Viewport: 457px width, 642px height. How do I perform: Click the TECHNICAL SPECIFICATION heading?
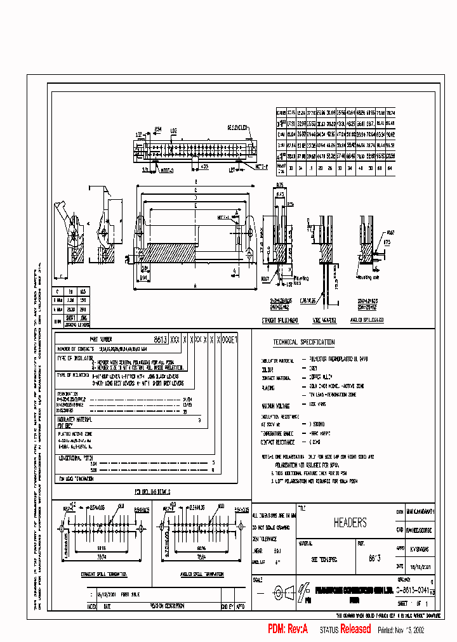coord(303,343)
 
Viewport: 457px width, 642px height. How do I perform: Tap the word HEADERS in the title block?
coord(350,523)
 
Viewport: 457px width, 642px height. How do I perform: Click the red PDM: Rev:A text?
coord(288,629)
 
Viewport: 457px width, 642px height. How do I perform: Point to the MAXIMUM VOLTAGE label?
coord(275,405)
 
